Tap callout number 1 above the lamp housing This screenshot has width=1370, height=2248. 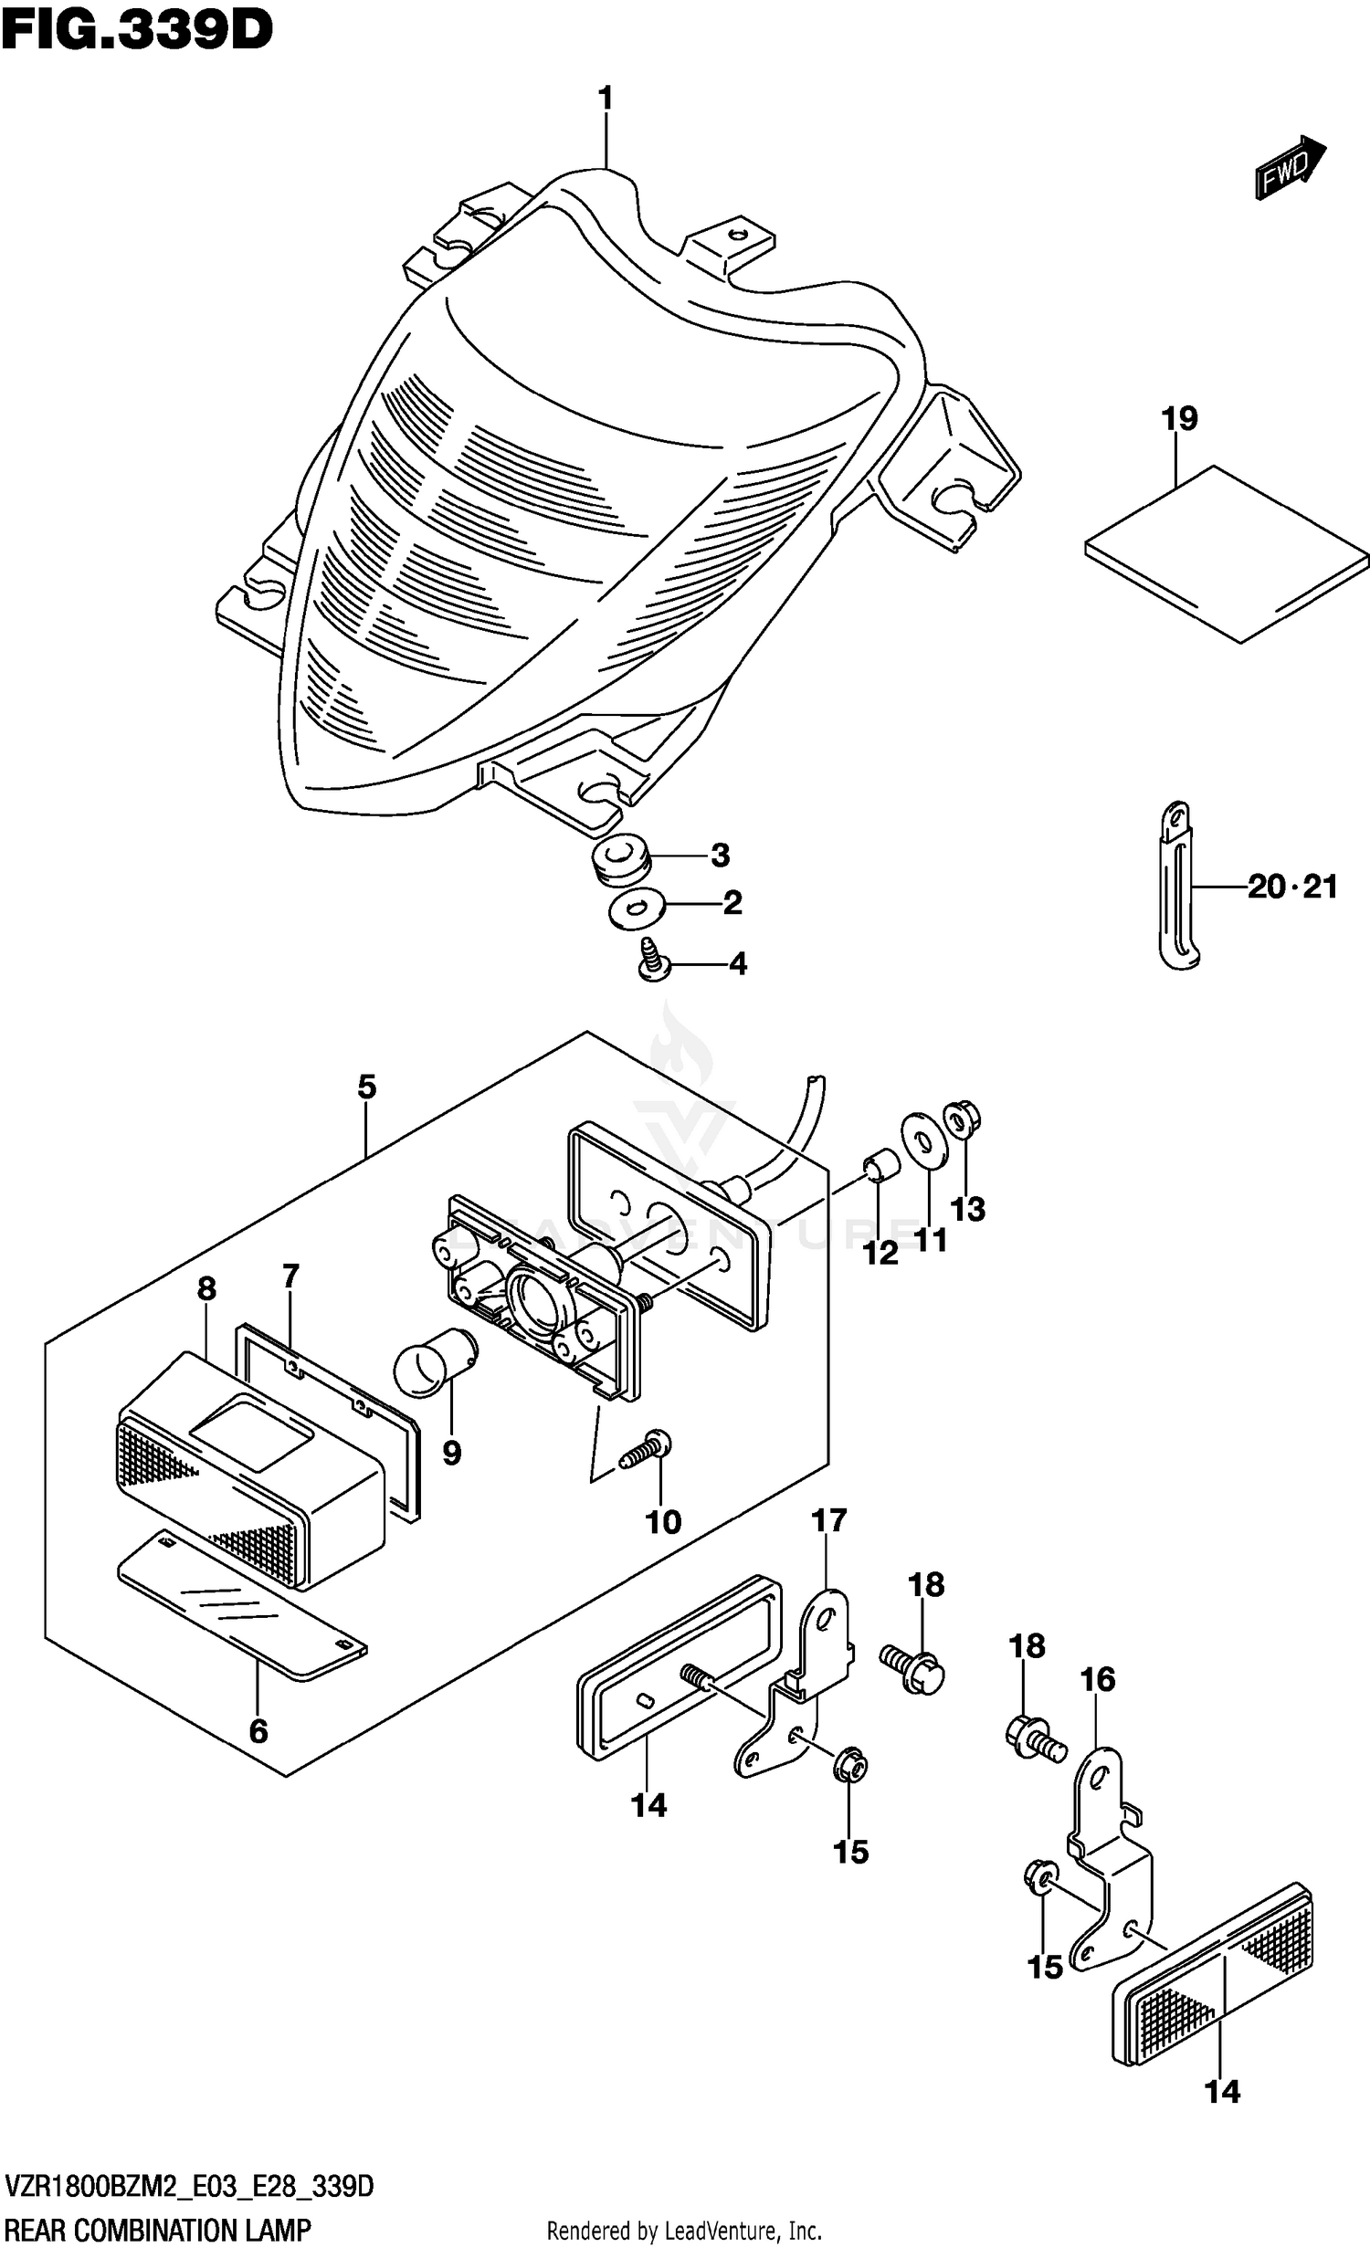point(606,99)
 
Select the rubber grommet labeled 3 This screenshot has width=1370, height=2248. point(619,862)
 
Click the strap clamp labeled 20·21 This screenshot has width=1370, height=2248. point(1178,886)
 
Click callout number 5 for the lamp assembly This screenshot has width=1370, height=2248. point(365,1087)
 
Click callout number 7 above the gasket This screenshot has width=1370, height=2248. point(290,1276)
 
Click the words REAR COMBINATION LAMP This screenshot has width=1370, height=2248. point(157,2229)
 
